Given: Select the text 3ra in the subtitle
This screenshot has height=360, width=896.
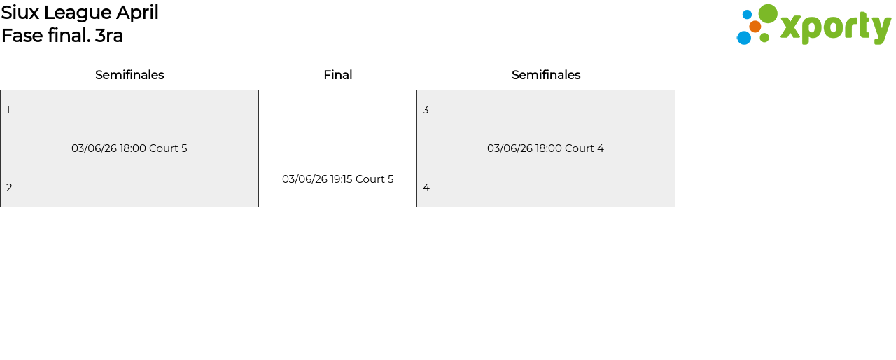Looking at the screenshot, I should pyautogui.click(x=109, y=36).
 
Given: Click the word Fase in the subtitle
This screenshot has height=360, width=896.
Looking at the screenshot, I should pyautogui.click(x=22, y=36).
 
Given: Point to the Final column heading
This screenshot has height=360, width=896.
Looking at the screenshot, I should pyautogui.click(x=337, y=75).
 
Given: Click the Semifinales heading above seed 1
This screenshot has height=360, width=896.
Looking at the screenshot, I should pyautogui.click(x=129, y=75).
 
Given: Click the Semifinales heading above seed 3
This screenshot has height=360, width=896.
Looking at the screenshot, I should pyautogui.click(x=546, y=75).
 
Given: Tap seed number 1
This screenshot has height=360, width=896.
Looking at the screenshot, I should pyautogui.click(x=8, y=110).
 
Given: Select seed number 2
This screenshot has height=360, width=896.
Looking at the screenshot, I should pyautogui.click(x=9, y=188).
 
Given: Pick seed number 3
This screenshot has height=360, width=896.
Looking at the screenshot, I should pyautogui.click(x=426, y=110).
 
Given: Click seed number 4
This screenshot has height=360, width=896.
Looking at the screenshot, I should pyautogui.click(x=426, y=188).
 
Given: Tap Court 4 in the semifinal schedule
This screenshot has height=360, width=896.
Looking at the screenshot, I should pyautogui.click(x=584, y=148).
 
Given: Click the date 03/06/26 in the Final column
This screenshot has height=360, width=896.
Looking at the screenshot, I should pyautogui.click(x=304, y=179).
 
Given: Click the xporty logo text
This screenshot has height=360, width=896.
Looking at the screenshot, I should pyautogui.click(x=835, y=28).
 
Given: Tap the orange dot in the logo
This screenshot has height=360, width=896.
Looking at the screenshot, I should pyautogui.click(x=755, y=27).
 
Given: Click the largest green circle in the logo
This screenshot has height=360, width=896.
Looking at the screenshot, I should pyautogui.click(x=768, y=14).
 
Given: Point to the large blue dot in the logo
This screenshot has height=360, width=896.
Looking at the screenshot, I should pyautogui.click(x=744, y=38).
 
